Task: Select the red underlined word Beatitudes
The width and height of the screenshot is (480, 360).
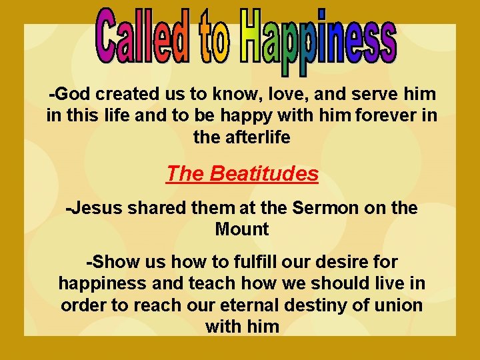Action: click(263, 174)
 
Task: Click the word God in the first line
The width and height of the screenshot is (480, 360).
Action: click(69, 95)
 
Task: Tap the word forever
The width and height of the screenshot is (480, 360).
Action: click(381, 116)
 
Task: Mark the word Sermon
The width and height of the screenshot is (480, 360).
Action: click(323, 208)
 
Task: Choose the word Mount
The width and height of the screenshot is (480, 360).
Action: click(241, 229)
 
